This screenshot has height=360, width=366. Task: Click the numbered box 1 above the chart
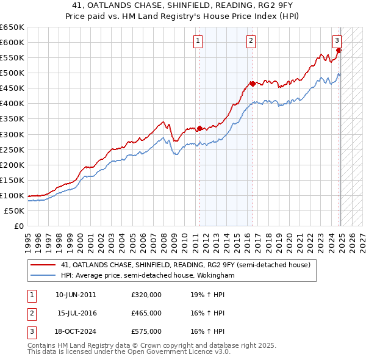(199, 41)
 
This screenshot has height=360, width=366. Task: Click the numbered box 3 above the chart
(337, 41)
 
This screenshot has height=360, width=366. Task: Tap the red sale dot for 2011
(199, 128)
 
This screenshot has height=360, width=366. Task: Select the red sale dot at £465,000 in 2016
(253, 84)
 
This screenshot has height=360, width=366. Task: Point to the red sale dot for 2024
(339, 50)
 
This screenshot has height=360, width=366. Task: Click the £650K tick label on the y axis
(12, 27)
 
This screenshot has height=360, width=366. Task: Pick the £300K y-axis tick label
(12, 134)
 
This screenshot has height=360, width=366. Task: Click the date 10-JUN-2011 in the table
(76, 295)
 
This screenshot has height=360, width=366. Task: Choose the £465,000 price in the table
(146, 313)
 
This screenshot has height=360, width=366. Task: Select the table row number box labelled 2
(30, 313)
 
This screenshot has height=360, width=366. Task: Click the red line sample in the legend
(43, 265)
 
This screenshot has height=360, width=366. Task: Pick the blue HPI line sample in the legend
(43, 276)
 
